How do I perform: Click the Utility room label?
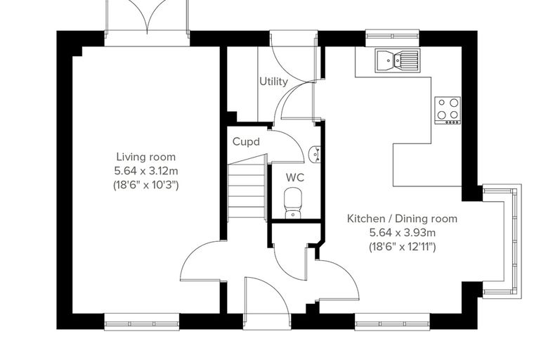273,82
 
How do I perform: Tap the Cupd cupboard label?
246,141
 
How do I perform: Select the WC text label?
295,178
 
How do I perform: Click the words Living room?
146,157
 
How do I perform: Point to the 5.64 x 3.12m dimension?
146,170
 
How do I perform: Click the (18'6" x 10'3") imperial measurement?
146,185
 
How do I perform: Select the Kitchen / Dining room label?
402,219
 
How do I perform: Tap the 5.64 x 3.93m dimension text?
403,233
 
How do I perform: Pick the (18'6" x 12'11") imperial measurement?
403,247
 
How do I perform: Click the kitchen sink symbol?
398,60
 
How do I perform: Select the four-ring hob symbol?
448,110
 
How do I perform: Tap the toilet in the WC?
293,202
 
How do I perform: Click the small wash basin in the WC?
314,155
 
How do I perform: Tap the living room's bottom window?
142,322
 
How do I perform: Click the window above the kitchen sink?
392,37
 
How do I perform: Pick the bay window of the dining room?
502,242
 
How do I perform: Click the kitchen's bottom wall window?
393,322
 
